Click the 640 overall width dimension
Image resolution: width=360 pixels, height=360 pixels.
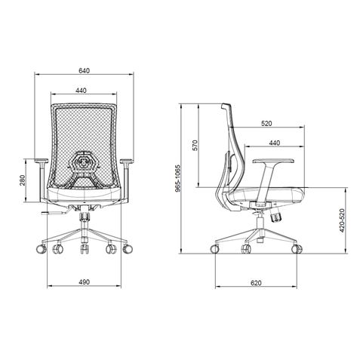click(x=85, y=70)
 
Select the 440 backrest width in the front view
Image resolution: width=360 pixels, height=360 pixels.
click(x=85, y=91)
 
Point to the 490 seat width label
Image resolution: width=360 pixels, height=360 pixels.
click(x=85, y=282)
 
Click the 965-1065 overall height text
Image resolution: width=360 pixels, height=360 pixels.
click(x=178, y=191)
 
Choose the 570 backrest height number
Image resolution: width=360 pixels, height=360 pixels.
click(x=195, y=146)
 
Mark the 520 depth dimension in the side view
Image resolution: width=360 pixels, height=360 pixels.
click(x=266, y=122)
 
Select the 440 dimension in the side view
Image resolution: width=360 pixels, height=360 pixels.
click(x=274, y=142)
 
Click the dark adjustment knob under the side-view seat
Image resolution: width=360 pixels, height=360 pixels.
click(x=278, y=216)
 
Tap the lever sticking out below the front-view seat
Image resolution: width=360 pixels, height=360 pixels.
click(x=54, y=214)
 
